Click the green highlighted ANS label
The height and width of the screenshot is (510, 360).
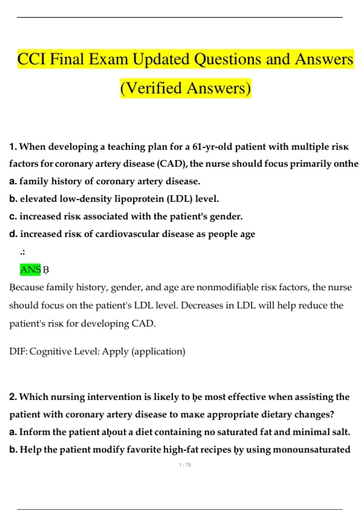click(x=30, y=269)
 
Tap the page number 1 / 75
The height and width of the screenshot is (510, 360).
click(x=185, y=465)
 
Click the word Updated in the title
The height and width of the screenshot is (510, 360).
click(x=161, y=59)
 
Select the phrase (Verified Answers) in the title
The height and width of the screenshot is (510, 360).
click(x=186, y=88)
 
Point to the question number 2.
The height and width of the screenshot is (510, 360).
click(x=13, y=397)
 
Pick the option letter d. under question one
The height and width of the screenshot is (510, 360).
click(x=13, y=234)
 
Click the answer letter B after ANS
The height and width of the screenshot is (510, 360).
click(x=46, y=270)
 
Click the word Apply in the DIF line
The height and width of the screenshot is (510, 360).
click(x=115, y=352)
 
